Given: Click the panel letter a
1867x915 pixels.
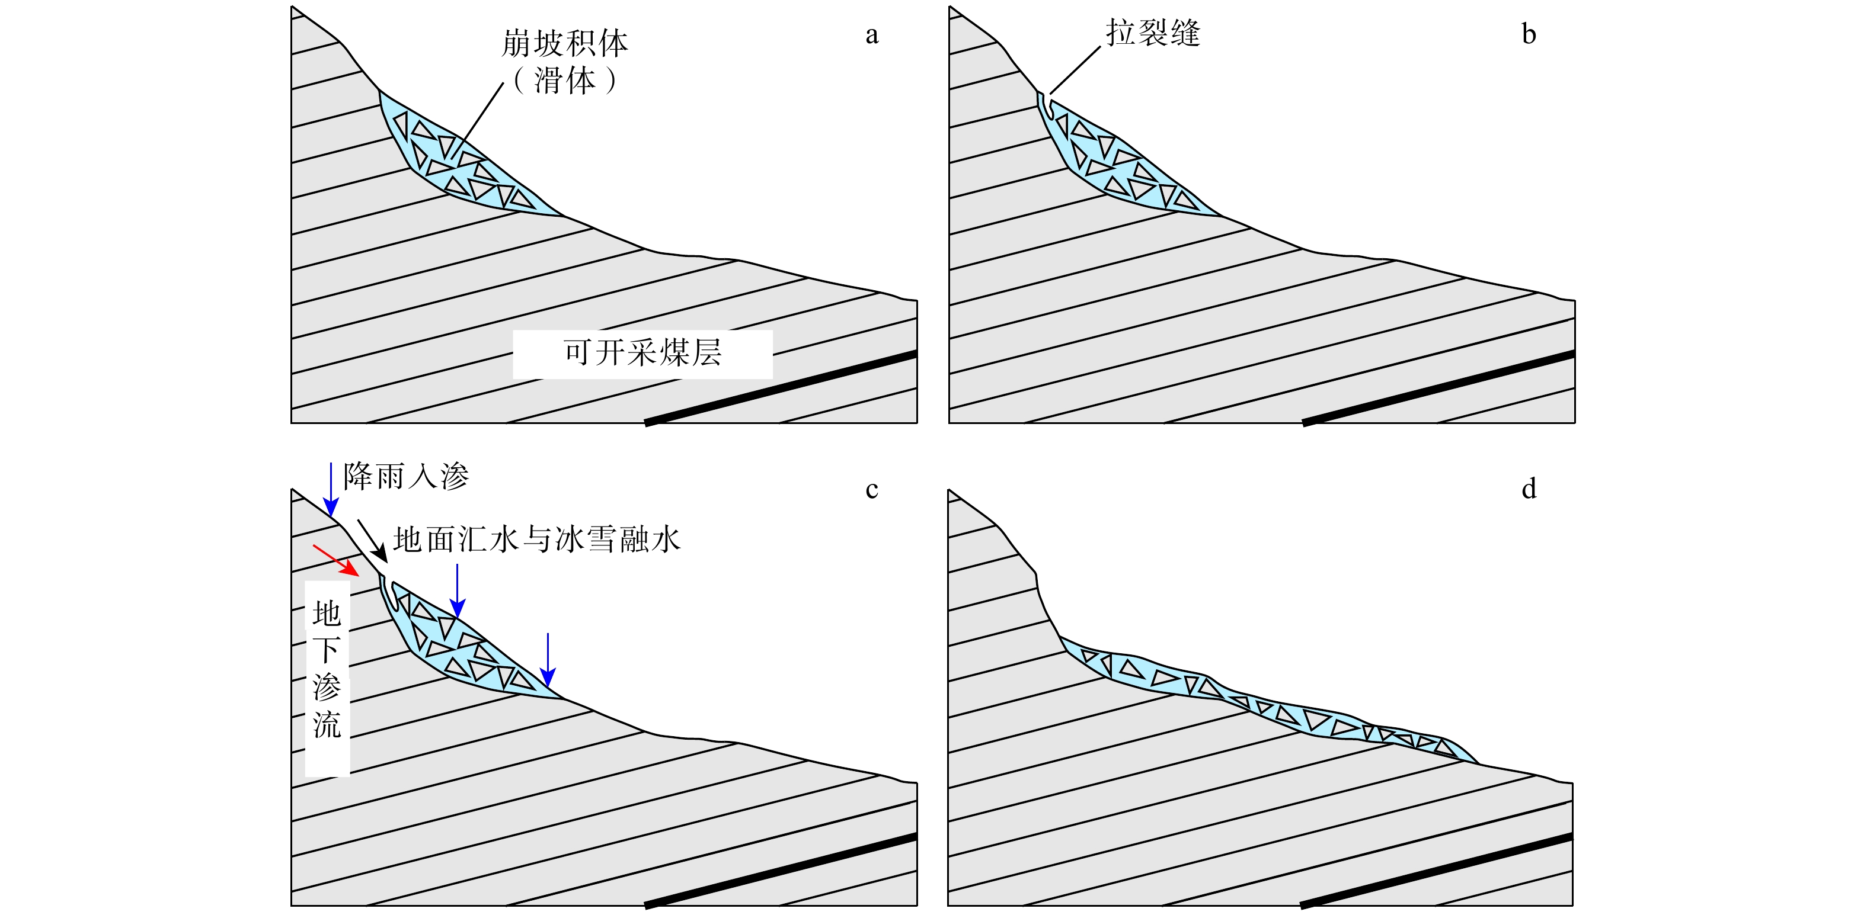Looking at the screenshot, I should pyautogui.click(x=872, y=36).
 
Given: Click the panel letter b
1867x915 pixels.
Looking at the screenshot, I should pyautogui.click(x=1529, y=35).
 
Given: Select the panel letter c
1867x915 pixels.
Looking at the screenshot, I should pyautogui.click(x=872, y=490).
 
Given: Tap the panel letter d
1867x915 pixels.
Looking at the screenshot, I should pyautogui.click(x=1529, y=489).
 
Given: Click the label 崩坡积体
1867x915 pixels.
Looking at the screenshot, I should pyautogui.click(x=565, y=43).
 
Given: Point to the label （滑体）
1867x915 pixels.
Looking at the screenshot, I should pyautogui.click(x=565, y=80).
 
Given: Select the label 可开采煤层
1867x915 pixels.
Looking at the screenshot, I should pyautogui.click(x=642, y=353).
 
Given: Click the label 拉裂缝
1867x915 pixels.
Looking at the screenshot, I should pyautogui.click(x=1152, y=33).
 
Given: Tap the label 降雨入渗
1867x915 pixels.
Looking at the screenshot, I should pyautogui.click(x=406, y=476).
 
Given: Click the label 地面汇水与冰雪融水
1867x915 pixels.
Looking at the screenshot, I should pyautogui.click(x=536, y=540).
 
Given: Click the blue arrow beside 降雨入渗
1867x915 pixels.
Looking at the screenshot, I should pyautogui.click(x=331, y=489).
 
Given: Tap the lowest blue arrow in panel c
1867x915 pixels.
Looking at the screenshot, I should pyautogui.click(x=548, y=659).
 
